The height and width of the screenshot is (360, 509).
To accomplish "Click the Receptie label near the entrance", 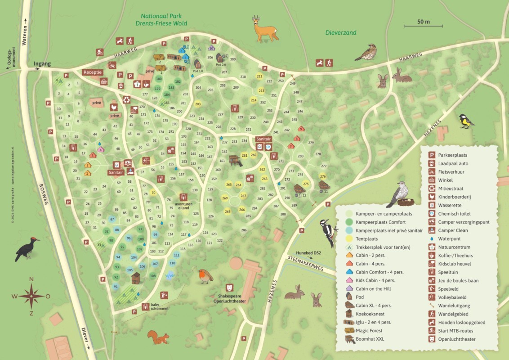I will [x=93, y=72].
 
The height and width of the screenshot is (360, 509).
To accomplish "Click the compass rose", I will [x=31, y=296].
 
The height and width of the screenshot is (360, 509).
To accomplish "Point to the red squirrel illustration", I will [x=158, y=337].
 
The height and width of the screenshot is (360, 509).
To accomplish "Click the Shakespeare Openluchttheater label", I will [x=229, y=298].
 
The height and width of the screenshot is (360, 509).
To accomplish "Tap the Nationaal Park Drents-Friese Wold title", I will [x=163, y=20].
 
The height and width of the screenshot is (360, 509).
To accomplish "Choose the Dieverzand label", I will [x=341, y=33].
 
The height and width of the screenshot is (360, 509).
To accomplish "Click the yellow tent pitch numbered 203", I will [x=197, y=104].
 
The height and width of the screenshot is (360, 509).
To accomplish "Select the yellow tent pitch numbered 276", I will [x=323, y=176].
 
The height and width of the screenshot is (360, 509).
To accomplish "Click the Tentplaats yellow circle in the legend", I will [x=349, y=239].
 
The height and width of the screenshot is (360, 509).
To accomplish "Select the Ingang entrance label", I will [x=42, y=64].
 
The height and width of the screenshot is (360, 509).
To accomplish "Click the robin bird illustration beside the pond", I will [x=205, y=275].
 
